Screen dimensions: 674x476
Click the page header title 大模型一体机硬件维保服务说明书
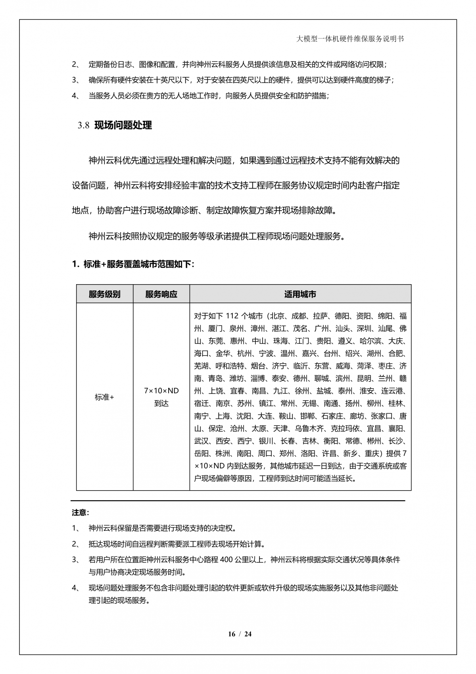pos(350,39)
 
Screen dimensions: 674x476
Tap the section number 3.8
pos(83,126)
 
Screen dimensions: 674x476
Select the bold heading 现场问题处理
pos(123,125)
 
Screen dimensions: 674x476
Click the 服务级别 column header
pos(104,294)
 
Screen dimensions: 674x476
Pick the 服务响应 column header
pos(161,294)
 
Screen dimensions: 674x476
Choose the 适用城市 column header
pos(300,294)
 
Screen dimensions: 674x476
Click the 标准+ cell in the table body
pos(104,397)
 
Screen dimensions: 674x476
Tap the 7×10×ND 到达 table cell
pos(161,397)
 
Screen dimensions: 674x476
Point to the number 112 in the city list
pos(232,316)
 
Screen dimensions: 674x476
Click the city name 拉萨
pos(321,316)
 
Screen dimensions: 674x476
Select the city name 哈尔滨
pos(370,341)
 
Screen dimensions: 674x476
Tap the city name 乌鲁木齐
pos(309,429)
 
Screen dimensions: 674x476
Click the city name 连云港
pos(394,391)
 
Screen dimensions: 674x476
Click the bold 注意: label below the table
pos(81,512)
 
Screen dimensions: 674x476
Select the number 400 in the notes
pos(226,560)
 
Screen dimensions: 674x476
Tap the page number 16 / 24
pos(240,634)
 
